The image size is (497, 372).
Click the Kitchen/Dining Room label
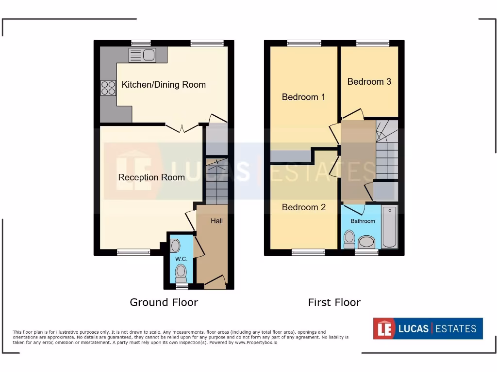164,85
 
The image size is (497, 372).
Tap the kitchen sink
142,56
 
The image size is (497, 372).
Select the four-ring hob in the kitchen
108,88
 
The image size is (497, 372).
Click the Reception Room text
151,177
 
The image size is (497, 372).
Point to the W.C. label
181,259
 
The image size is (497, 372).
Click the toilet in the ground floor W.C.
181,274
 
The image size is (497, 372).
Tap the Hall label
216,221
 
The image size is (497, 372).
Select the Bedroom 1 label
303,97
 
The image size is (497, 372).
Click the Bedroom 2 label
303,207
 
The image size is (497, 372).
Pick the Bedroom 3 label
369,81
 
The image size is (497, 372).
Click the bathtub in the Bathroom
389,227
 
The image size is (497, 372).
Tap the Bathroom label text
363,221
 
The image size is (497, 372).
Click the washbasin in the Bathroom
366,242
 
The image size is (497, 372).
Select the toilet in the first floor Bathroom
349,239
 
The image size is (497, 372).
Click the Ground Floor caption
164,302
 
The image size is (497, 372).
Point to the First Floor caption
334,302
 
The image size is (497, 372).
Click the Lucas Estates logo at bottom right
428,328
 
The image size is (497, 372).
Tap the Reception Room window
133,252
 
